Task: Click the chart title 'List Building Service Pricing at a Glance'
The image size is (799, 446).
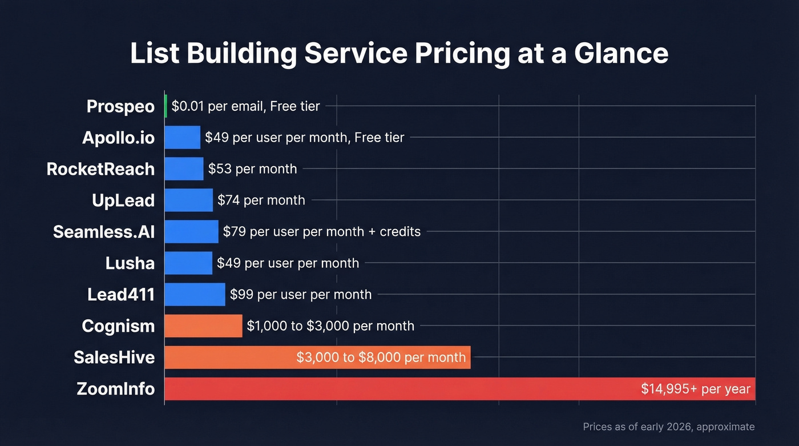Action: click(399, 53)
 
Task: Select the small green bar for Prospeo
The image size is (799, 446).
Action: click(166, 106)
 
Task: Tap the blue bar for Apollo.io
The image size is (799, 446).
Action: click(183, 138)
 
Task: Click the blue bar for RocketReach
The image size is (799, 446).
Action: click(184, 169)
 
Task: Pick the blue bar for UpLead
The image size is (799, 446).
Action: click(188, 200)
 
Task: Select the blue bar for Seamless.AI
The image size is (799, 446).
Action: click(191, 232)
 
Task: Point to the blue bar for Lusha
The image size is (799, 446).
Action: click(188, 263)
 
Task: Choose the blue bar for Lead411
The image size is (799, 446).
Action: click(195, 295)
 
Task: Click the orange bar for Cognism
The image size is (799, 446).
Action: click(203, 326)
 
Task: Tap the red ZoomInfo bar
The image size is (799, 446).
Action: click(399, 389)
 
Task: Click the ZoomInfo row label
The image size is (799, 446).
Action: click(116, 389)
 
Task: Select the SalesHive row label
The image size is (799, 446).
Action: click(114, 357)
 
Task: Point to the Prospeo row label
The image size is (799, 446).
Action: click(120, 106)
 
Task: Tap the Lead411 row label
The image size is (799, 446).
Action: click(121, 295)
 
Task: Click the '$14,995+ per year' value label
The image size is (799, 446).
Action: click(695, 389)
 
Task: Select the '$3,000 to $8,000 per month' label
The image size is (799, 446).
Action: click(381, 357)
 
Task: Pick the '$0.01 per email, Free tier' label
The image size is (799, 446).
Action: click(245, 106)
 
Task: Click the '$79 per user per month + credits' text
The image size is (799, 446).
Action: click(321, 232)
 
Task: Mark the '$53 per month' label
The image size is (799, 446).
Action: click(252, 169)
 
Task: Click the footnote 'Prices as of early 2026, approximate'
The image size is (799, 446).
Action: click(668, 427)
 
